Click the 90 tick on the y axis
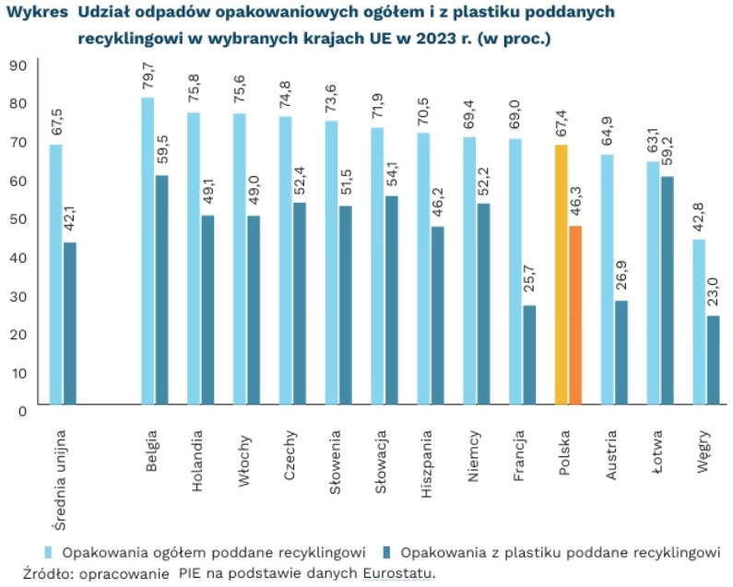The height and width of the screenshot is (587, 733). point(18,65)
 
